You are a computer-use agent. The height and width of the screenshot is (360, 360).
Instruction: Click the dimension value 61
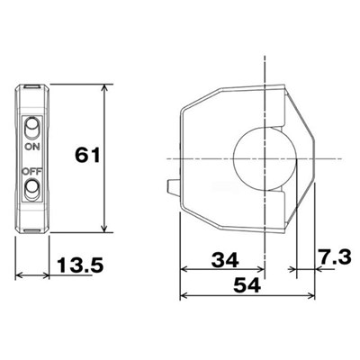tap(87, 155)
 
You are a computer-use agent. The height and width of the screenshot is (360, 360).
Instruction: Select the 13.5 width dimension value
tap(80, 265)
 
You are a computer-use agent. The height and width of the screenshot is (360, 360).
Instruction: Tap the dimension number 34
tap(225, 260)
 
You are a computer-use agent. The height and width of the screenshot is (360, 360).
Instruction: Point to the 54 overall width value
tap(247, 285)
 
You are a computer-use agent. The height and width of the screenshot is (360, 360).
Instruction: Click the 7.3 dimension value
tap(335, 258)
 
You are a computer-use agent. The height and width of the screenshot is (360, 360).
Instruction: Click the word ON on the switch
tap(32, 147)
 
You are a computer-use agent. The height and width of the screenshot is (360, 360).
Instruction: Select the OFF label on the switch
tap(32, 172)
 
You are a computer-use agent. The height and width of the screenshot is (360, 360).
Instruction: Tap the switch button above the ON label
tap(31, 128)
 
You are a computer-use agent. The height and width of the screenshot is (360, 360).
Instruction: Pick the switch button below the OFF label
tap(31, 189)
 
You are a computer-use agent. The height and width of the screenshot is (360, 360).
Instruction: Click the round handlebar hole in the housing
tap(265, 159)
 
